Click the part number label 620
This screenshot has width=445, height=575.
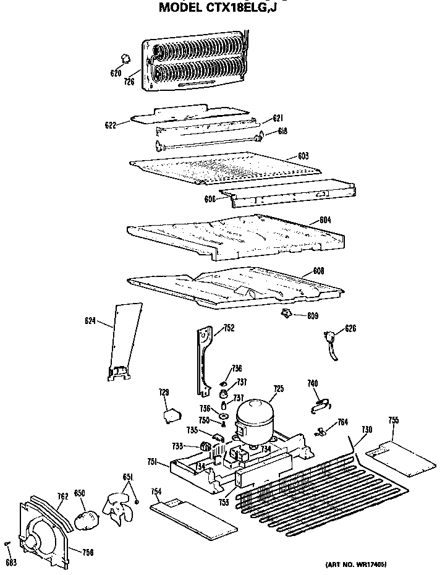point(116,73)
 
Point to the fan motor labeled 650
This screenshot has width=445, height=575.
point(84,518)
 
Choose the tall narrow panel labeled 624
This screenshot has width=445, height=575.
point(124,340)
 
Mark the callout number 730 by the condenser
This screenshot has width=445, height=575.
point(367,430)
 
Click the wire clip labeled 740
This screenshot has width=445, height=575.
point(319,403)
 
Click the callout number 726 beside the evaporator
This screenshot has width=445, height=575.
point(129,81)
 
